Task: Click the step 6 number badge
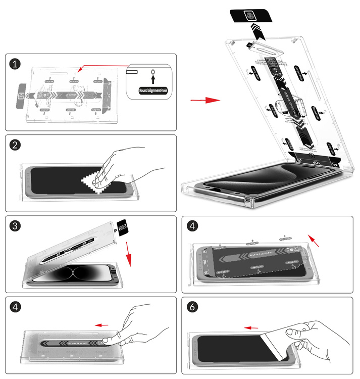[192, 307]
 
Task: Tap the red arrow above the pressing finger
[103, 325]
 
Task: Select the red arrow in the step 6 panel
[251, 327]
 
